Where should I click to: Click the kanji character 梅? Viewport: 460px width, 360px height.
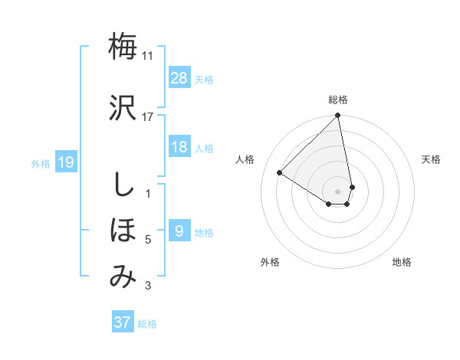coord(123,47)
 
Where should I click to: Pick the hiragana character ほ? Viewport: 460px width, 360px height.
coord(123,230)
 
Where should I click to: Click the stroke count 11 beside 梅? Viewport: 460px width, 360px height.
coord(148,56)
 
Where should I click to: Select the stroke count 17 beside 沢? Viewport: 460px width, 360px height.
coord(148,116)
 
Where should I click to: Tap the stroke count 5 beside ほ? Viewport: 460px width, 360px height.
coord(148,240)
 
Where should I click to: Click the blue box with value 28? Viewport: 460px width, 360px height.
coord(179,77)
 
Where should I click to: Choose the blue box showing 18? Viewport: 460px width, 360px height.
coord(179,147)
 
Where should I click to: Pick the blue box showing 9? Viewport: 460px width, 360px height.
coord(179,231)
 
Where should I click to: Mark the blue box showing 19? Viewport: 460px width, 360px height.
coord(65,162)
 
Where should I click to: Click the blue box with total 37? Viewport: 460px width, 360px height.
coord(123,322)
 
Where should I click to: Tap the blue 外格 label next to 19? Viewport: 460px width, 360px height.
coord(41,163)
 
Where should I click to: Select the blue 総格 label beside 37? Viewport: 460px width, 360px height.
coord(147,323)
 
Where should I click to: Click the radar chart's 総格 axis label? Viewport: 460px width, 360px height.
coord(338,100)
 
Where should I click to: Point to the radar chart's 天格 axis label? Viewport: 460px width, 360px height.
coord(432,159)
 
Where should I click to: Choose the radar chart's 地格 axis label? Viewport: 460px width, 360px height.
coord(402,262)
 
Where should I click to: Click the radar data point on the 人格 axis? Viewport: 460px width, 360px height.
coord(280,173)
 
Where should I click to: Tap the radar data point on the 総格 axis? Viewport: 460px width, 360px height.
coord(338,116)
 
